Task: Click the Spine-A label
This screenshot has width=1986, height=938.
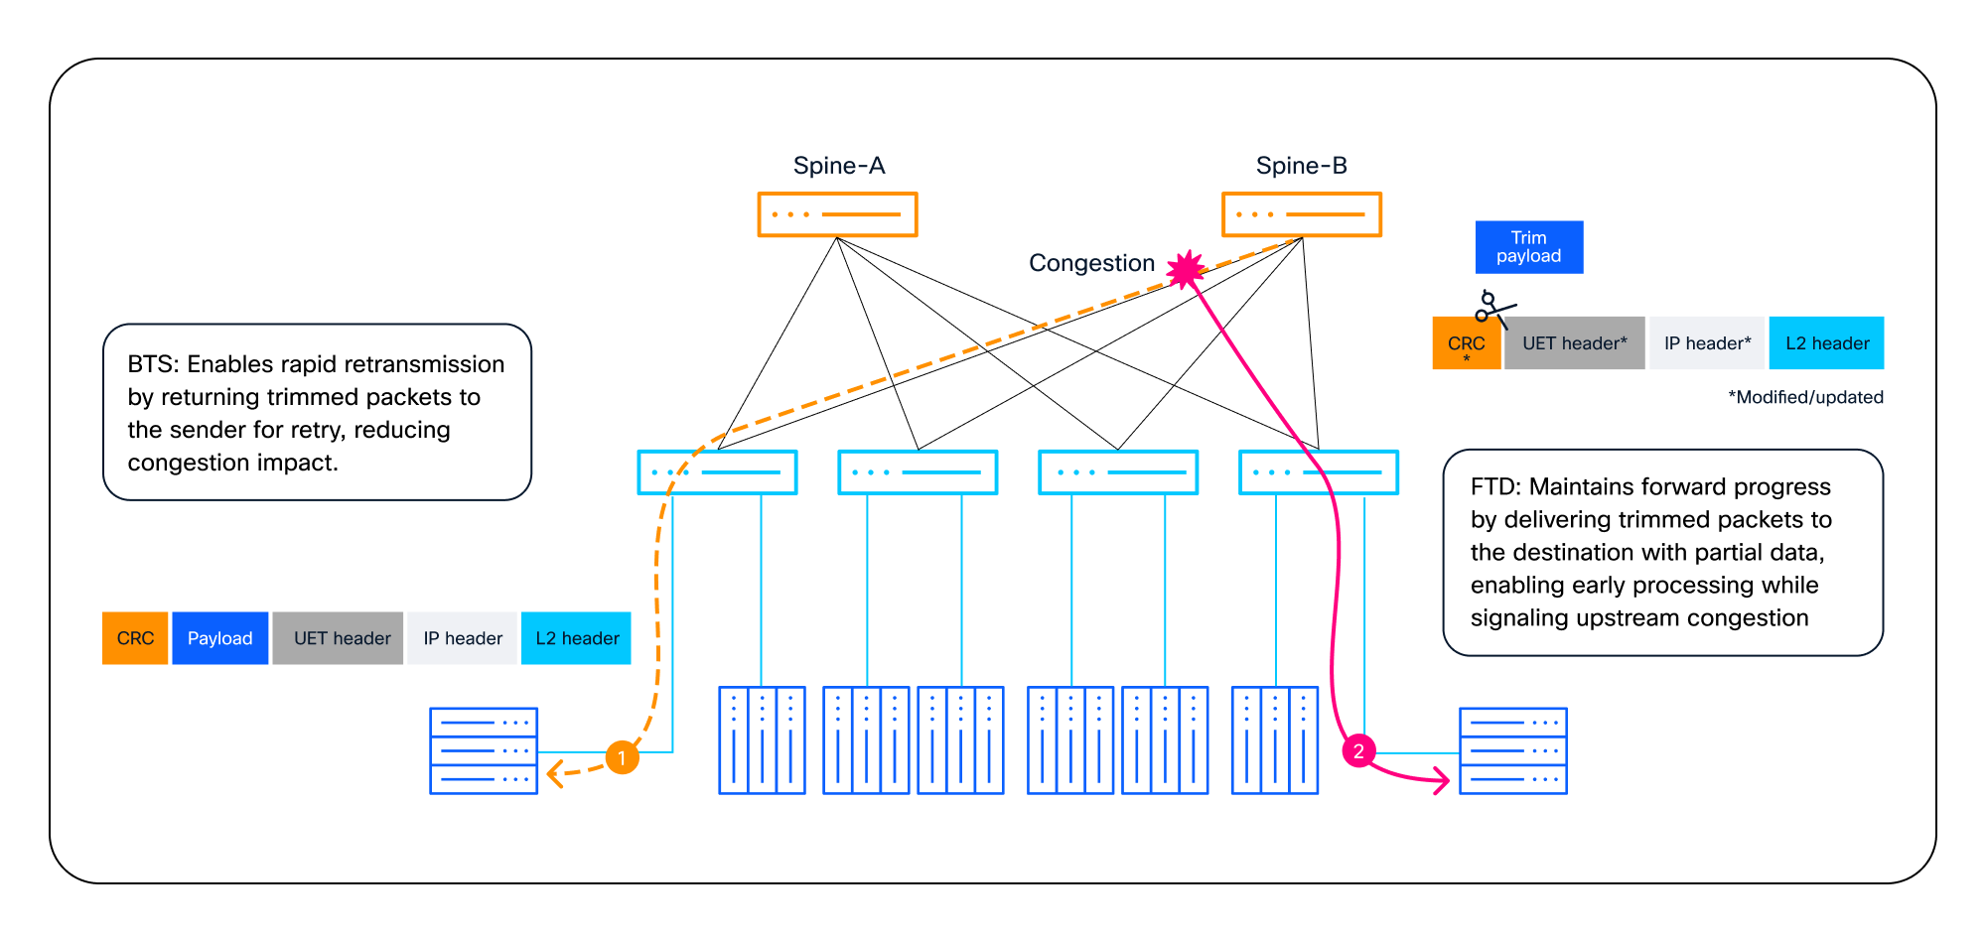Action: coord(839,166)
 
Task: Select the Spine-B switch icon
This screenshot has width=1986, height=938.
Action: coord(1301,214)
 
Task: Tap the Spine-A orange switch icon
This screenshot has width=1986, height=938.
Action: coord(837,214)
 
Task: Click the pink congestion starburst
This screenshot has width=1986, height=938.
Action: coord(1186,269)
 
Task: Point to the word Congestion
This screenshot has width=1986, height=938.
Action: coord(1091,263)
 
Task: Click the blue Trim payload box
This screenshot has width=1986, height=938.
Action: coord(1529,247)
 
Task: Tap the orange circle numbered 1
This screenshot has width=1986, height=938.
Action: coord(623,758)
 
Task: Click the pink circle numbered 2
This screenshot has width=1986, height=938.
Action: coord(1358,751)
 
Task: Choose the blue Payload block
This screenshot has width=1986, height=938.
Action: coord(220,638)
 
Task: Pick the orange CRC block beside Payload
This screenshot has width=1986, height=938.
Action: coord(135,638)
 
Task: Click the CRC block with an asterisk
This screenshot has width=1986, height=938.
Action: coord(1467,343)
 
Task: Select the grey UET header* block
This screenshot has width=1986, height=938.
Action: coord(1575,343)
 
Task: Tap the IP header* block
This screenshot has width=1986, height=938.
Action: coord(1708,343)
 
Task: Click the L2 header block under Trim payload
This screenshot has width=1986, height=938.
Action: coord(1827,343)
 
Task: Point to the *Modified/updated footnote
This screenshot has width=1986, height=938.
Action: coord(1805,397)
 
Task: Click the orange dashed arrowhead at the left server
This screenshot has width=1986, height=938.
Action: coord(554,773)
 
